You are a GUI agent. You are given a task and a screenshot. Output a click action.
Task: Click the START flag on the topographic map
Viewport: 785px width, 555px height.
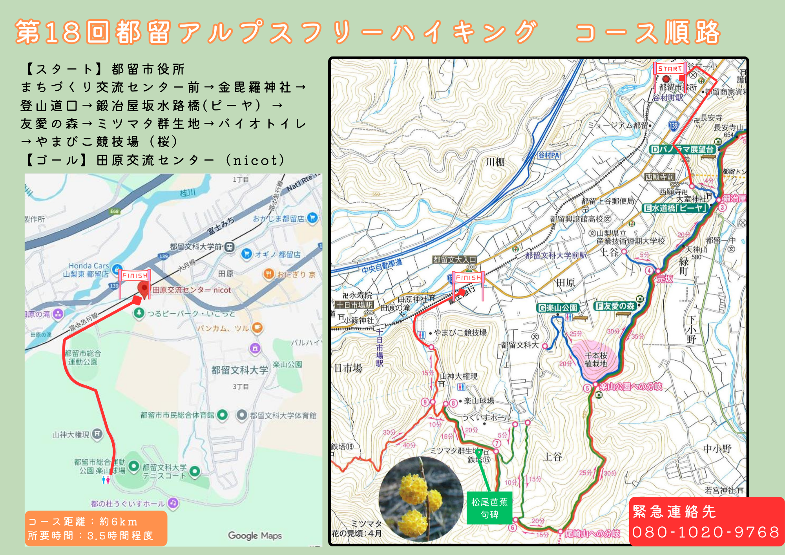pos(670,69)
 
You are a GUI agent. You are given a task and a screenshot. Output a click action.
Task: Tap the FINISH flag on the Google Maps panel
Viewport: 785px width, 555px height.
pos(135,276)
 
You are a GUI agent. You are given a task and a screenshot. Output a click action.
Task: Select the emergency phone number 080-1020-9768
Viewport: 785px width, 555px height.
pos(706,532)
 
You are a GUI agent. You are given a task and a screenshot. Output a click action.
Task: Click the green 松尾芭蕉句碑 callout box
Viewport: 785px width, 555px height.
pos(489,508)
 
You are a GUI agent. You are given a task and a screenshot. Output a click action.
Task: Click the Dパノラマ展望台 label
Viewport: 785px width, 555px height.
pos(682,150)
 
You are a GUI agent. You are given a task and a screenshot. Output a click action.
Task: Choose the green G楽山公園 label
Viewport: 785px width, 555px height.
pos(558,308)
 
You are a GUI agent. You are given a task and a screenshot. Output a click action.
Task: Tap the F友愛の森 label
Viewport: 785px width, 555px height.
pos(615,306)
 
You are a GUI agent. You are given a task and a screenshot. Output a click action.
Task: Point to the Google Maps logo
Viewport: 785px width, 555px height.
pos(255,535)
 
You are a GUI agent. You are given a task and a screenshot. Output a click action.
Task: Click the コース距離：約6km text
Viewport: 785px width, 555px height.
pos(83,522)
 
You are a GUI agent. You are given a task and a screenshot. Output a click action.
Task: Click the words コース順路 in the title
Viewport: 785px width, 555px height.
pos(648,32)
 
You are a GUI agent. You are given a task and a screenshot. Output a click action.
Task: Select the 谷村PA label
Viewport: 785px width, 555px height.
pos(549,155)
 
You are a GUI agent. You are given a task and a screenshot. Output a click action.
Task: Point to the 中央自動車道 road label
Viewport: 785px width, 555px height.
pos(382,266)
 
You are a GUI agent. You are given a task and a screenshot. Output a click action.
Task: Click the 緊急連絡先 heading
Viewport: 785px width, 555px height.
pos(674,511)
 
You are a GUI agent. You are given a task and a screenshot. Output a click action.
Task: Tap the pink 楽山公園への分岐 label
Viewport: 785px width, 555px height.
pos(631,387)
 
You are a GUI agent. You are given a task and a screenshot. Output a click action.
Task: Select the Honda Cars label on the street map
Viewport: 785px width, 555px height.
pos(88,266)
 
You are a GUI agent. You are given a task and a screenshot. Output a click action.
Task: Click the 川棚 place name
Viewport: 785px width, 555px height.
pos(495,162)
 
